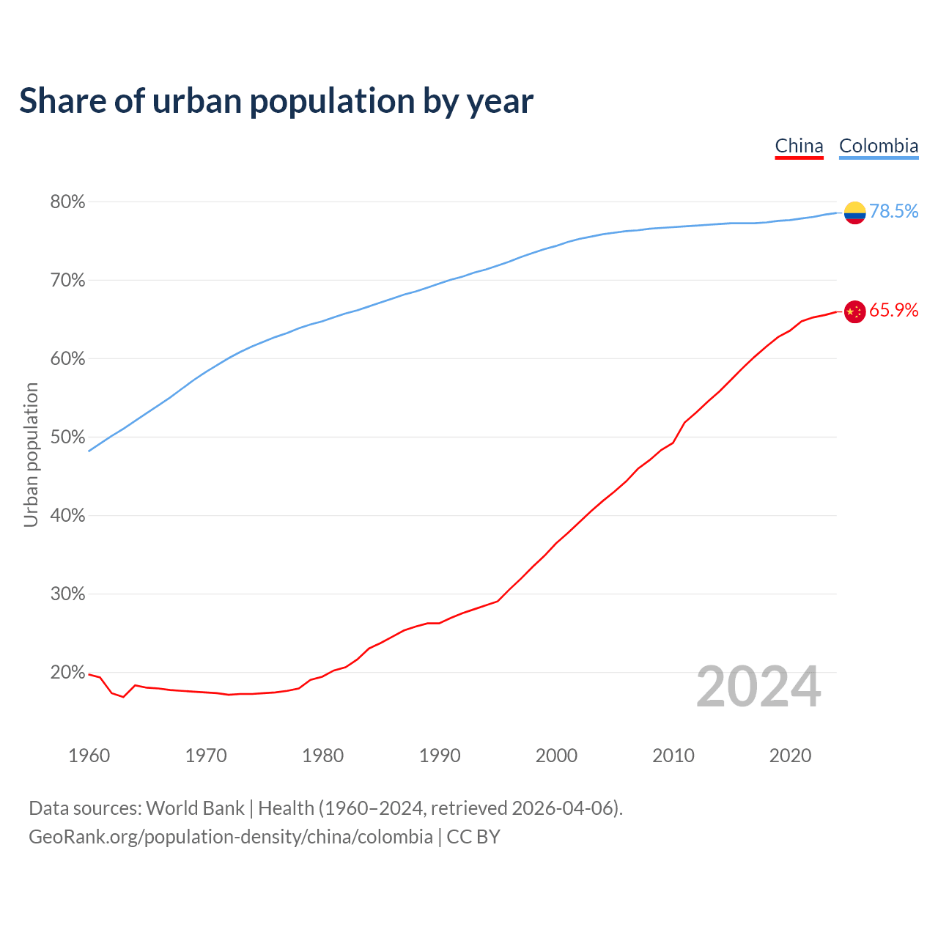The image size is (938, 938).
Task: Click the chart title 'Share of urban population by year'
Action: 276,101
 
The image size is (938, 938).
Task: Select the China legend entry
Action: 799,146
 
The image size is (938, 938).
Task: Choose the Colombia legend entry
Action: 878,146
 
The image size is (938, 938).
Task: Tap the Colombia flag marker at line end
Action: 854,213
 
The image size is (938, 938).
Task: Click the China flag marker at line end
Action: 854,311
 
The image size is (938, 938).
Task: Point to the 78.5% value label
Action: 893,211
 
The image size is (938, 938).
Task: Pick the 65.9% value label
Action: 893,311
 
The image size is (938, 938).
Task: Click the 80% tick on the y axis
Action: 67,202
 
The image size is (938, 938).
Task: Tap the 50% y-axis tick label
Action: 67,437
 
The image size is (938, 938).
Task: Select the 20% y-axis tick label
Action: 67,672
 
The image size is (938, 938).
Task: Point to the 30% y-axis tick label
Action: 67,594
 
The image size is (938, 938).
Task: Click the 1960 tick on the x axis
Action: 89,756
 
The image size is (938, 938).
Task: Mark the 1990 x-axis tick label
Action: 440,756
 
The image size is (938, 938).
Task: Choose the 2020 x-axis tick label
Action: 790,756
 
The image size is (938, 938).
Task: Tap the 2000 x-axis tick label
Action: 556,756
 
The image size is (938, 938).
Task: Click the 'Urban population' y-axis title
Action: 31,454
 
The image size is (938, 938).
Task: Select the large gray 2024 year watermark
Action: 758,687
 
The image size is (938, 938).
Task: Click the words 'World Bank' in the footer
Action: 195,808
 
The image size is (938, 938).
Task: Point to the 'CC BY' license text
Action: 473,837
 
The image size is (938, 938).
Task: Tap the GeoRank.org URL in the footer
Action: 230,837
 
